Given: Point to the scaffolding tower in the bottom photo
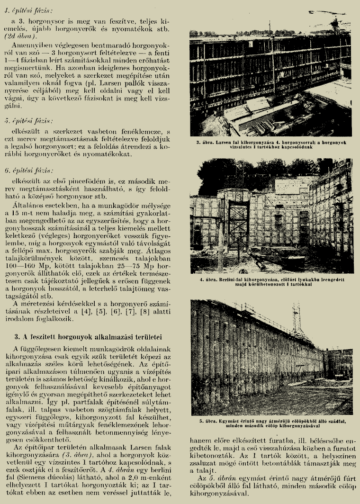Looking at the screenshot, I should [297, 322].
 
